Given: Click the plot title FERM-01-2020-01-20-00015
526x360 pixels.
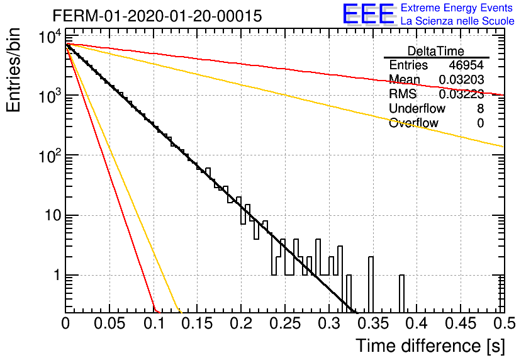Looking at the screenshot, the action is [x=157, y=16].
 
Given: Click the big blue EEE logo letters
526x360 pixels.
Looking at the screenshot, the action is [x=368, y=14].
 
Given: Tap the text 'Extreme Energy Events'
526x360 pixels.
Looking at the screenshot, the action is [x=457, y=8].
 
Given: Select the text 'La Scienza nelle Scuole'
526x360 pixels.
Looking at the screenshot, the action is [x=457, y=21].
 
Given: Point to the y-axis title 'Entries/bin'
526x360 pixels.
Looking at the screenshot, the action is [x=13, y=70].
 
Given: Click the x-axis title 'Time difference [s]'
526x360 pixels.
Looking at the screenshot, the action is [x=430, y=346].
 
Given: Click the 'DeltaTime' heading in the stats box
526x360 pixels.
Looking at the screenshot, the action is [x=436, y=51].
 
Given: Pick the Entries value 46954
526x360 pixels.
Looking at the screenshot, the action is [x=466, y=65].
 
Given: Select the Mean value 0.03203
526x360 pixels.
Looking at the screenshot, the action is [x=461, y=79].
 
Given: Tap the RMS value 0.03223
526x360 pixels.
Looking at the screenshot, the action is [x=461, y=94].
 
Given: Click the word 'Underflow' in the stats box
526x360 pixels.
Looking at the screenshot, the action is [x=417, y=108].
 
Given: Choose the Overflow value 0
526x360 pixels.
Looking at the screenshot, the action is [x=480, y=123].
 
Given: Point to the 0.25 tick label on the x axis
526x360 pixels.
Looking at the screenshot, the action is [x=285, y=323].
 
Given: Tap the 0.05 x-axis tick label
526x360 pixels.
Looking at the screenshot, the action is [x=109, y=323].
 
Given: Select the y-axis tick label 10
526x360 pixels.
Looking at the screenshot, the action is [x=53, y=215].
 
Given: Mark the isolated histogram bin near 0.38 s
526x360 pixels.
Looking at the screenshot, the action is [x=401, y=293].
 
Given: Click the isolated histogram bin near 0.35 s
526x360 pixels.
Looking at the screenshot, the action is [x=371, y=284].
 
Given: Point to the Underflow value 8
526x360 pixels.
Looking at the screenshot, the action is [x=480, y=108].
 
